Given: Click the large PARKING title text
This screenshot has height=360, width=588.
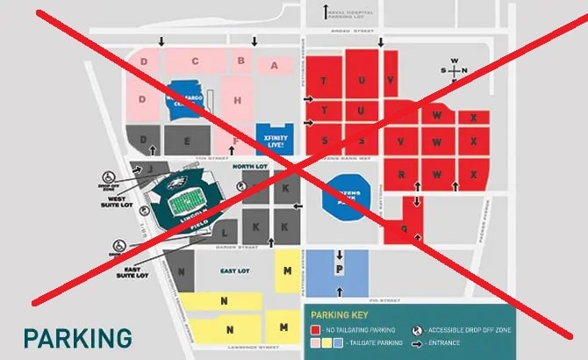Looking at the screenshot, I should coord(77,337).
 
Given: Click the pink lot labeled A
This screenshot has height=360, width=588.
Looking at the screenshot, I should coord(275,65).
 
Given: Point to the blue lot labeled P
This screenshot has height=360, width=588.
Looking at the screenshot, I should coord(338,263).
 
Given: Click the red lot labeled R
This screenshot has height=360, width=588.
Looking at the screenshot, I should coord(401,174).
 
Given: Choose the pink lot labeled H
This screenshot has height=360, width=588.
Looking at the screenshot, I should coord(238,100).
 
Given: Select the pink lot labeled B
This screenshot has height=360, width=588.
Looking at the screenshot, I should coord(240,61).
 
